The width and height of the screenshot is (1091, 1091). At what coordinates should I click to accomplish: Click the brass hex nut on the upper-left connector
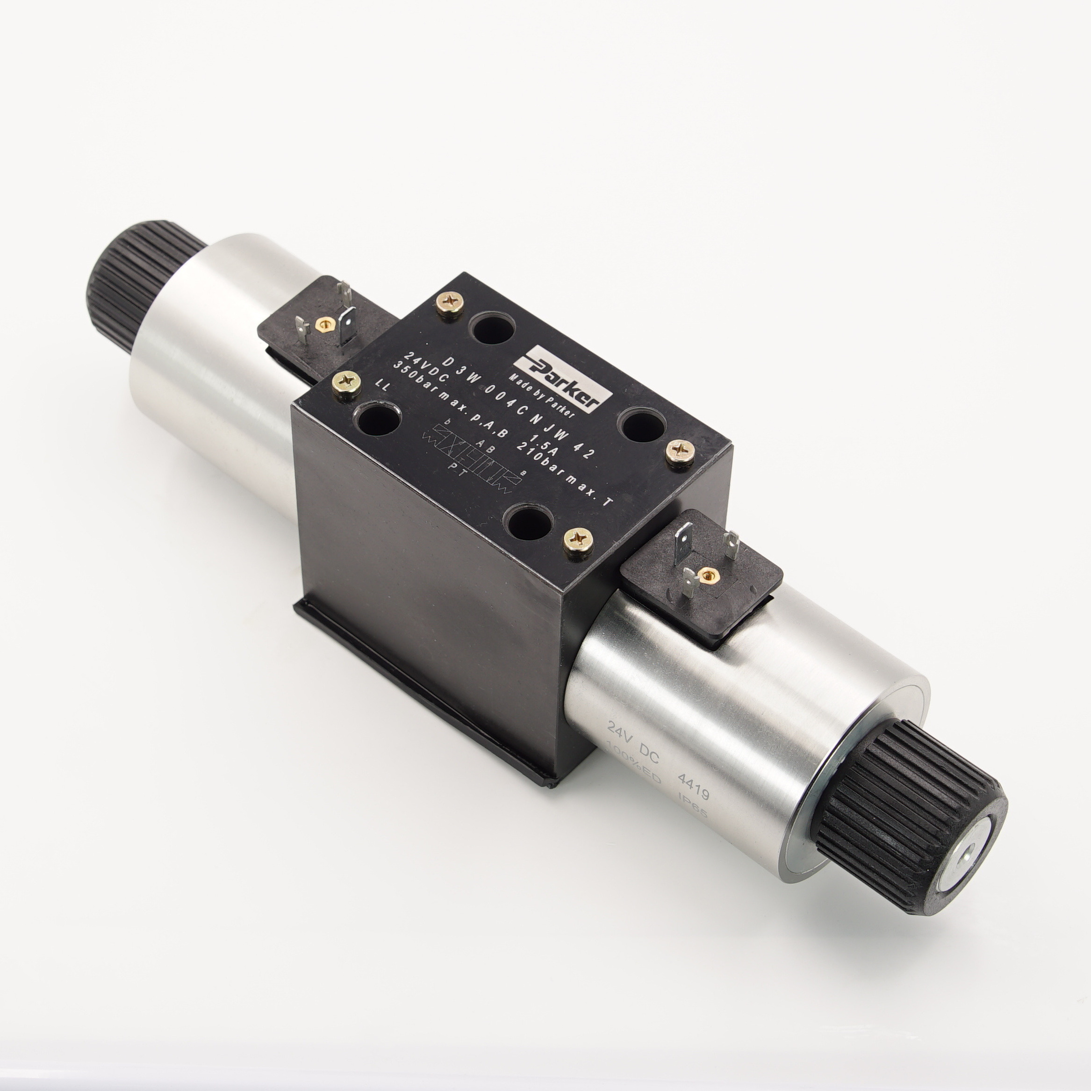[324, 323]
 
